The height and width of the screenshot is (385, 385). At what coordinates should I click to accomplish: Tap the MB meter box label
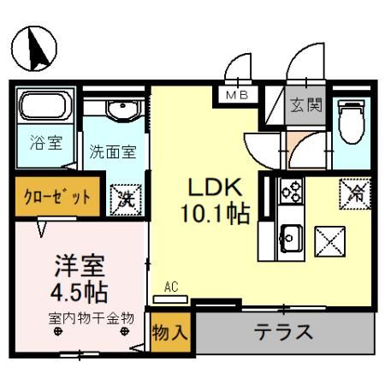click(237, 96)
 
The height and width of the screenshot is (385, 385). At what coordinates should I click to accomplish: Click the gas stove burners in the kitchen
click(289, 192)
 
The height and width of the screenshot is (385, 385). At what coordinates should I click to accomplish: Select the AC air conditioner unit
click(172, 298)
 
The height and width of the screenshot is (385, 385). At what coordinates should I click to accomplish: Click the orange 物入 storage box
click(170, 333)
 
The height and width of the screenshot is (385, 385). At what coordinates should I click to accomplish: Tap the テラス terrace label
click(283, 332)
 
